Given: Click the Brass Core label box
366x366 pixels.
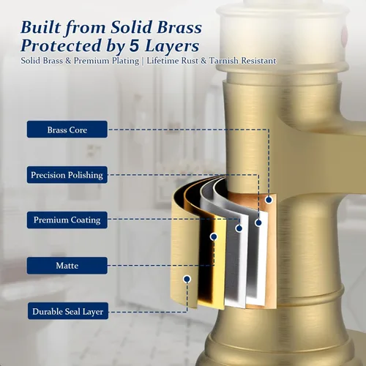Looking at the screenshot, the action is click(67, 130).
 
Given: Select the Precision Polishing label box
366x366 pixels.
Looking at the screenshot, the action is click(67, 175).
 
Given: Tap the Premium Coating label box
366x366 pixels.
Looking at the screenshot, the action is click(67, 220).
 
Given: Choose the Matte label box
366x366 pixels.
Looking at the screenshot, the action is click(67, 265).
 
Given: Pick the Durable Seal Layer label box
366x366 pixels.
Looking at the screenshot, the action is click(68, 311).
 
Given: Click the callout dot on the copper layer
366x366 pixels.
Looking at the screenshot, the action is click(269, 200).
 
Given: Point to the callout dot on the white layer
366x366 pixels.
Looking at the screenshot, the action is click(258, 223).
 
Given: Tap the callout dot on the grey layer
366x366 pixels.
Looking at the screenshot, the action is click(239, 228).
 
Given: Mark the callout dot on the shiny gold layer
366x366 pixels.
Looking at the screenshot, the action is click(214, 236).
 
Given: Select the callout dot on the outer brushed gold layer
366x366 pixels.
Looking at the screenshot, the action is click(187, 279).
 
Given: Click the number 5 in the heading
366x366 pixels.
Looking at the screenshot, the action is click(135, 45).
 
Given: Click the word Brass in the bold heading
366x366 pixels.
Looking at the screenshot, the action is click(179, 27).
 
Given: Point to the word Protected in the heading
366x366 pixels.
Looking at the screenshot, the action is click(61, 45).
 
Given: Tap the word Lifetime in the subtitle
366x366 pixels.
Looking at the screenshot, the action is click(163, 61).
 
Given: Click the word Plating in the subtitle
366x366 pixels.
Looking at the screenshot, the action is click(126, 61).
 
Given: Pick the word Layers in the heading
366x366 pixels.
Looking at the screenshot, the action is click(172, 46).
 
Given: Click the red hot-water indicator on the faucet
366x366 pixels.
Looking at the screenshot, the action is click(345, 35).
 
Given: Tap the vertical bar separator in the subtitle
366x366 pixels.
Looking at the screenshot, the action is click(143, 61).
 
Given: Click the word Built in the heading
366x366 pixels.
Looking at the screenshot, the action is click(41, 27).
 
